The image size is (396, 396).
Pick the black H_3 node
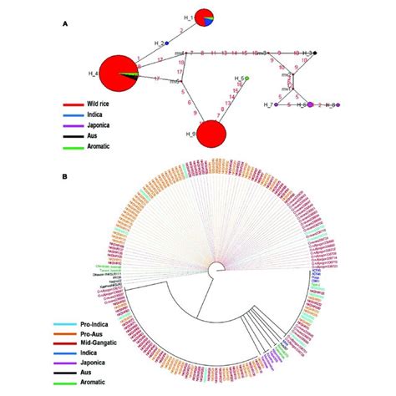point(315,53)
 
